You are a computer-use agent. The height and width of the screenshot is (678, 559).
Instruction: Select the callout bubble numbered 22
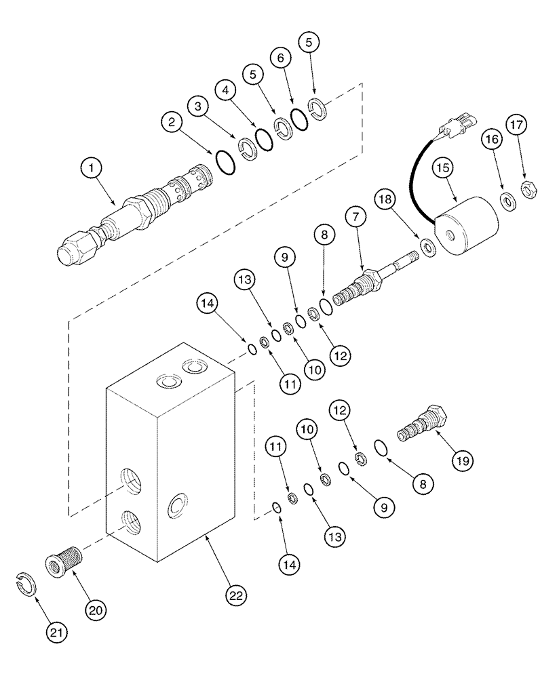click(x=234, y=597)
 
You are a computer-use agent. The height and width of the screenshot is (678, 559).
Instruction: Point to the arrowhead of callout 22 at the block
click(x=207, y=538)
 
